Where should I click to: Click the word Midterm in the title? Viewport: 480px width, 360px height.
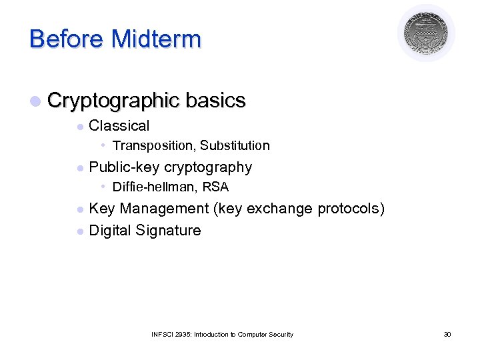[156, 39]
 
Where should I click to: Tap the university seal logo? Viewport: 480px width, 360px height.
[426, 32]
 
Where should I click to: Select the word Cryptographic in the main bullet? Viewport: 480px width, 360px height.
[113, 101]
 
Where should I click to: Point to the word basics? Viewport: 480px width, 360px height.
[216, 101]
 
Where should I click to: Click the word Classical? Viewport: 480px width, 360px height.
[119, 125]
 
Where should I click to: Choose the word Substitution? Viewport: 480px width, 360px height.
[235, 146]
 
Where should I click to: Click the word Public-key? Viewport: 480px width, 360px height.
[124, 167]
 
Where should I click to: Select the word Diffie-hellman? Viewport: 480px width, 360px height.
[152, 187]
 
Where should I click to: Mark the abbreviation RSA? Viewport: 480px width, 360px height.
[215, 187]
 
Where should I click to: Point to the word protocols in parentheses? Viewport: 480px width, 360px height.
[351, 209]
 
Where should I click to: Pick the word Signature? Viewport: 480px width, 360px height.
[169, 231]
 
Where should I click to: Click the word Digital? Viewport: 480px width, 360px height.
[111, 231]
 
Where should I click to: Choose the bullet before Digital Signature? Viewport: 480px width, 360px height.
[80, 231]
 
